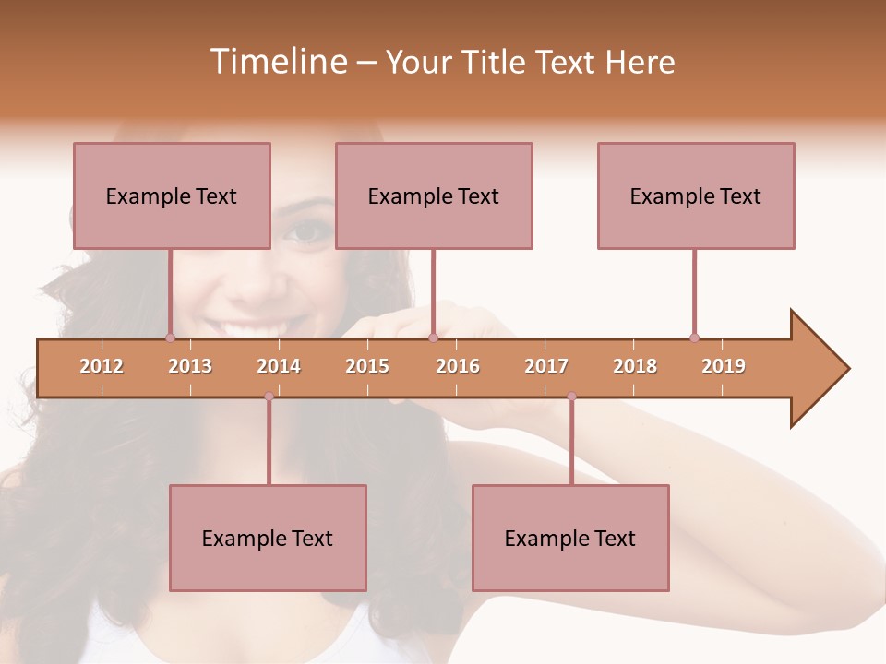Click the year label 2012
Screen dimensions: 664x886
click(x=102, y=366)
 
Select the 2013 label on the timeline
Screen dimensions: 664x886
click(x=190, y=366)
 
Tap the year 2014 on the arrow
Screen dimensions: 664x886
click(x=279, y=366)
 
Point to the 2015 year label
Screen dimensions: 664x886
click(x=367, y=366)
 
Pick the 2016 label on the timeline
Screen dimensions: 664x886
click(x=458, y=366)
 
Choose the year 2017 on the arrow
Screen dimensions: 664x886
click(x=546, y=366)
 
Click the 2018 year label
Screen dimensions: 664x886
click(x=635, y=366)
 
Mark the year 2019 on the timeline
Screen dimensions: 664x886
click(x=724, y=366)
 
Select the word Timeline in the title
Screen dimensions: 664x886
click(x=277, y=62)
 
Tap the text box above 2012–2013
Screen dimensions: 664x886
click(x=172, y=196)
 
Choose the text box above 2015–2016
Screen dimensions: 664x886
click(x=434, y=196)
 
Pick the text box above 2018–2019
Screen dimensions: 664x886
click(x=696, y=196)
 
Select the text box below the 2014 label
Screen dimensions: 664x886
click(x=268, y=538)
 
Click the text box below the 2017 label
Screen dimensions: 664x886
click(x=570, y=538)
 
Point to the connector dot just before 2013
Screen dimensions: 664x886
click(x=170, y=338)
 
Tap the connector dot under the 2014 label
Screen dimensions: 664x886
click(x=269, y=397)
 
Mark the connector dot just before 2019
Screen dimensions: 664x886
click(x=694, y=338)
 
